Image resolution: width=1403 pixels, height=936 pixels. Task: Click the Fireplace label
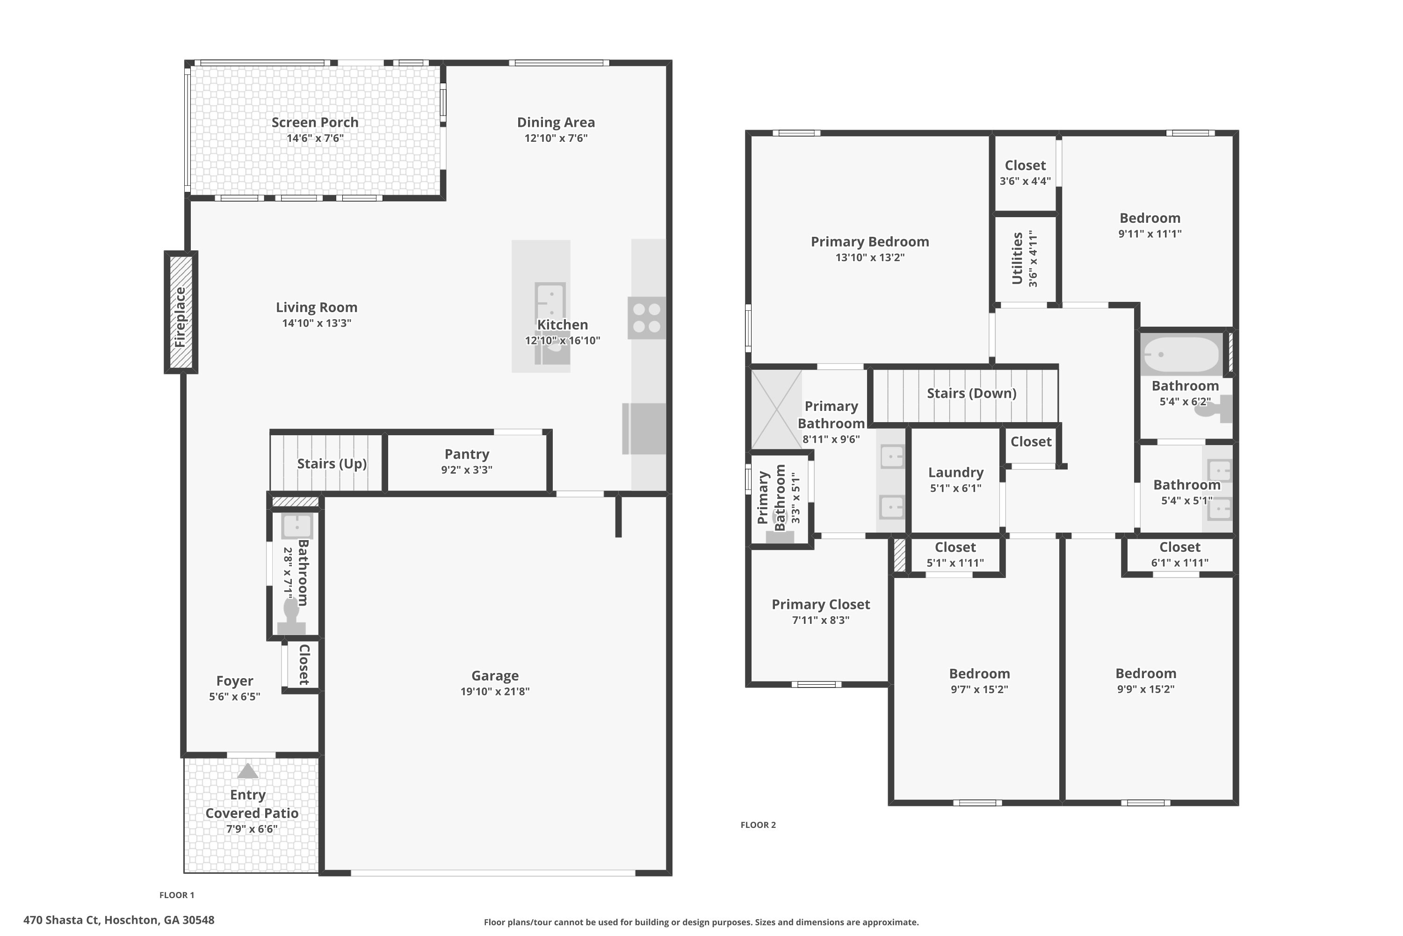coord(180,317)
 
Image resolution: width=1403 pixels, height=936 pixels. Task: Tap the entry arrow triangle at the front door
coord(248,771)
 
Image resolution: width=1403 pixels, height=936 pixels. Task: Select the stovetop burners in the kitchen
coord(647,318)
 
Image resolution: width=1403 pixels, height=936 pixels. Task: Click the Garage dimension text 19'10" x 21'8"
coord(495,691)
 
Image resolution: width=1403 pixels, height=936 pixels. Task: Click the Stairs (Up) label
coord(332,464)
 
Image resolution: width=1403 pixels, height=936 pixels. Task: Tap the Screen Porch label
coord(315,122)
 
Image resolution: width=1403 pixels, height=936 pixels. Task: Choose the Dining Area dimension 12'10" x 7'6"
coord(556,139)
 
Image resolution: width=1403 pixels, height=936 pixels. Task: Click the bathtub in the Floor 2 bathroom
coord(1181,355)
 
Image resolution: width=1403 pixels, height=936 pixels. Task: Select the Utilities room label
coord(1018,258)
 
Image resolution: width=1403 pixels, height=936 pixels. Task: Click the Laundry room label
coord(955,473)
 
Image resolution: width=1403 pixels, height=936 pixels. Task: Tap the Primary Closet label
coord(821,605)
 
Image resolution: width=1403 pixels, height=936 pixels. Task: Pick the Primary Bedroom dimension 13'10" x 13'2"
coord(870,258)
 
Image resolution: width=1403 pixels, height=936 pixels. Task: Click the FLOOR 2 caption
coord(758,825)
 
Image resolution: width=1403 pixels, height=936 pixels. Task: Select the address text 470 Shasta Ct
coord(61,920)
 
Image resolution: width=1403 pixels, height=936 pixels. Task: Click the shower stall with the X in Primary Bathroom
coord(776,409)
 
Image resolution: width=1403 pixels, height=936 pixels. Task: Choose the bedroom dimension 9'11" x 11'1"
coord(1150,234)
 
